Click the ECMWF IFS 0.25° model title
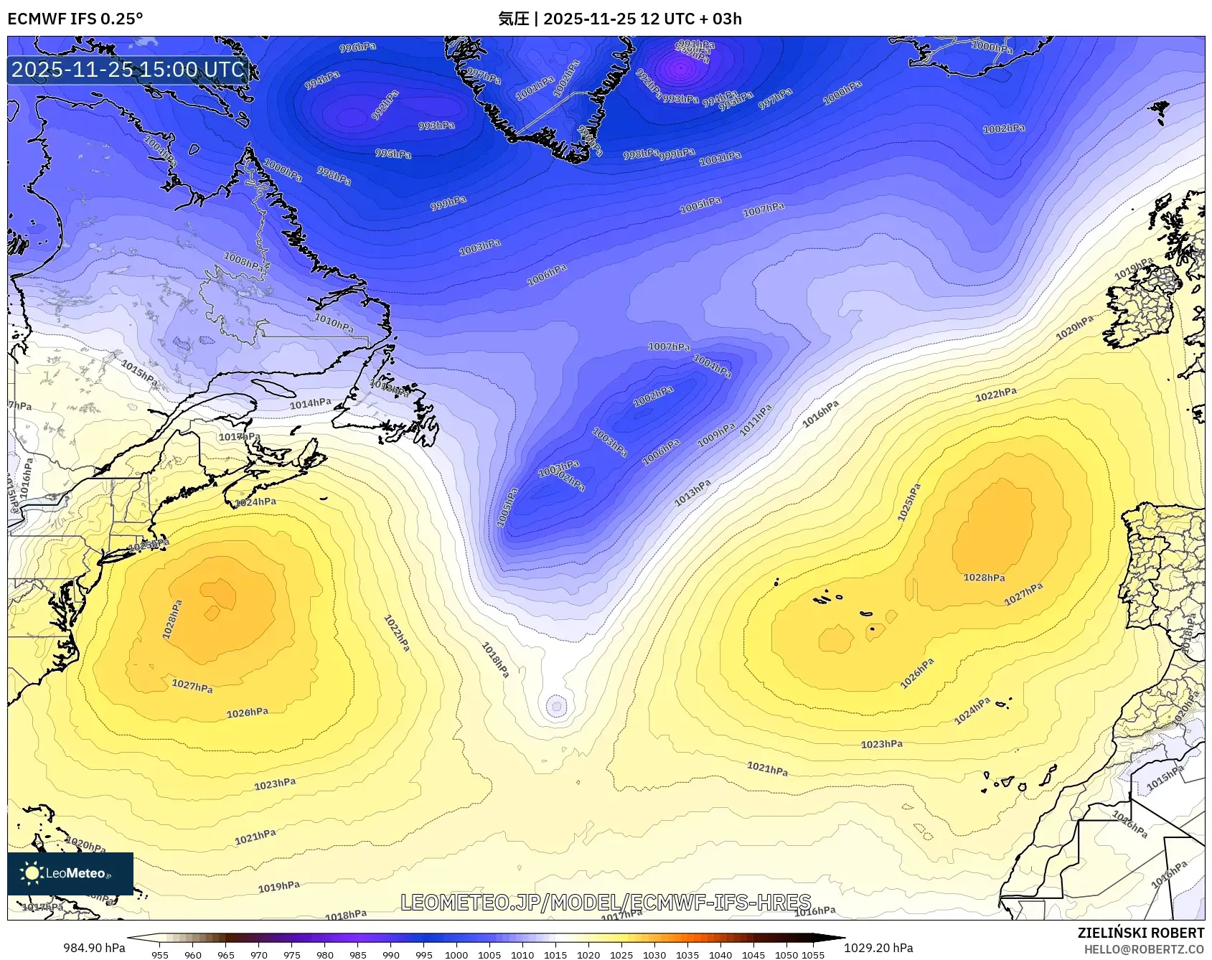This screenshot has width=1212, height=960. point(75,19)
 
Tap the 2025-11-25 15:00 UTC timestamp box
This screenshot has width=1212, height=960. point(128,70)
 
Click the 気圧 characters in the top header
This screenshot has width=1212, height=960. point(513,19)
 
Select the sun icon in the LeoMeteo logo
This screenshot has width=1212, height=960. point(32,872)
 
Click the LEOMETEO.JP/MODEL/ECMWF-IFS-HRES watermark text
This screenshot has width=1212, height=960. point(606,902)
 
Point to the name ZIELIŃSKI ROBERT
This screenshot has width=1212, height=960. point(1140,933)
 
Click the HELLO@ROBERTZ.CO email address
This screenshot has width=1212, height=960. point(1144,949)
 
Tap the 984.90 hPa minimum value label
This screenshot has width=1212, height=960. point(94,948)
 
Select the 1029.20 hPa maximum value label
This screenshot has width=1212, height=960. point(878,948)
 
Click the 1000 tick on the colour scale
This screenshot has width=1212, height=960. point(456,954)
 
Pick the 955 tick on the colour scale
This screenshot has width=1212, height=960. point(160,954)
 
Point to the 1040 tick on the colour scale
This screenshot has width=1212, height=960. point(720,954)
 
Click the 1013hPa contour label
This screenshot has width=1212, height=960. point(692,492)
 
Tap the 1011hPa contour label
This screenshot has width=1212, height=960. point(756,419)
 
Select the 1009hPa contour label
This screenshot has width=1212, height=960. point(716,434)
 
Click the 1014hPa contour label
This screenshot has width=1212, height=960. point(310,404)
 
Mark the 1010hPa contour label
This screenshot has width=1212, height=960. point(334,323)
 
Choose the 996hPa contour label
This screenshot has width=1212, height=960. point(357,47)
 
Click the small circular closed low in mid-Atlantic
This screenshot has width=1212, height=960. point(556,706)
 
